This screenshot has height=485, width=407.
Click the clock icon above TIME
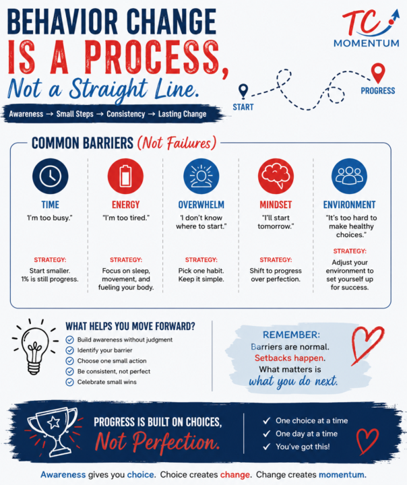(x=50, y=176)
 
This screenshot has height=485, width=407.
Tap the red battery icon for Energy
(x=125, y=176)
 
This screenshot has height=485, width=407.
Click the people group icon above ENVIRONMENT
(x=349, y=176)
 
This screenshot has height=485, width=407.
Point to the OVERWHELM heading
(x=201, y=205)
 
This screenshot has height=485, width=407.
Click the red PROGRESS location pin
(x=378, y=73)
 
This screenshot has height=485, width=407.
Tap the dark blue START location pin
(x=243, y=92)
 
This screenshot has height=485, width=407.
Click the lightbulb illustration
(x=35, y=348)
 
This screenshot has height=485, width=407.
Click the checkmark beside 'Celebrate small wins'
(x=69, y=382)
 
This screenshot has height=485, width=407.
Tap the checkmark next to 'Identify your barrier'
(x=69, y=350)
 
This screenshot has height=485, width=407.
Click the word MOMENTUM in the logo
(x=367, y=43)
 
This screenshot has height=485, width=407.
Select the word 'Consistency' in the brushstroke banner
(x=125, y=114)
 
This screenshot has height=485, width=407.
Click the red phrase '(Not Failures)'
(x=177, y=143)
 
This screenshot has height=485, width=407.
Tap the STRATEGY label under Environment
(x=350, y=251)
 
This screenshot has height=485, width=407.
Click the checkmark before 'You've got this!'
(x=266, y=447)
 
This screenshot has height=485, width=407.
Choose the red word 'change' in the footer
(x=235, y=474)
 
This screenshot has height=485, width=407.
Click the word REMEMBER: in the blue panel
(x=291, y=335)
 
